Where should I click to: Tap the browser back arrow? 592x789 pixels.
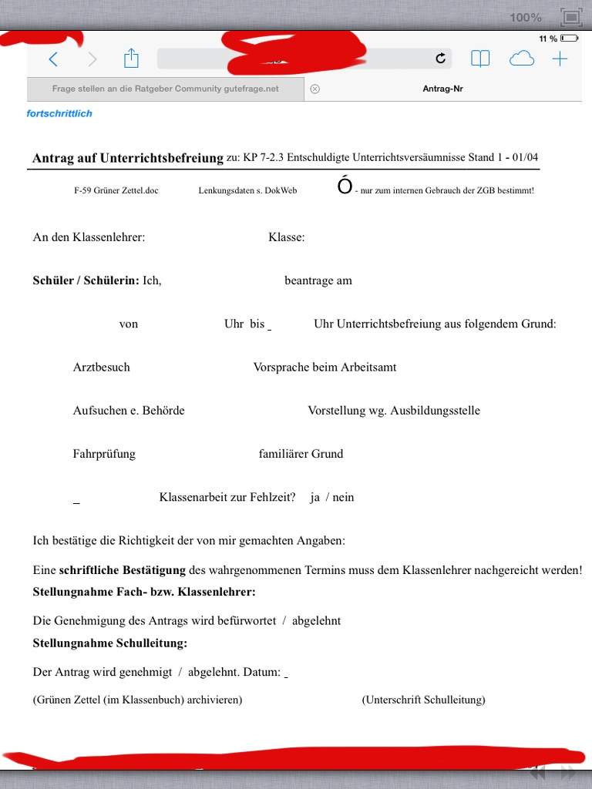point(53,59)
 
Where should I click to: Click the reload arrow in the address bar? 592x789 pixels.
point(441,59)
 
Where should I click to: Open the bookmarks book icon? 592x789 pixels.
point(480,59)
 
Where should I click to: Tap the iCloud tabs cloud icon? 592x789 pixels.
point(522,59)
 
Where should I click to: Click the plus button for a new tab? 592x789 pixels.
point(560,59)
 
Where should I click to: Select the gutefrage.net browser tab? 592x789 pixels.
point(165,89)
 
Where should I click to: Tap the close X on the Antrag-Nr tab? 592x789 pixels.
point(314,89)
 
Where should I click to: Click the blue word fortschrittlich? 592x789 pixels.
point(59,113)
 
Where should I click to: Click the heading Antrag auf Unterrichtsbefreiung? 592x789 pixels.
point(127,158)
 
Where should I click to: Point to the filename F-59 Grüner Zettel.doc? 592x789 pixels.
point(116,190)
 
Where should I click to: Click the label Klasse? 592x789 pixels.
point(286,237)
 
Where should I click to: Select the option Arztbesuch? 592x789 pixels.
point(101,367)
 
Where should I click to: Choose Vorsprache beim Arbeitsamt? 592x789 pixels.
point(325,367)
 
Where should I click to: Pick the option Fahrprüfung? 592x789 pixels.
point(104,453)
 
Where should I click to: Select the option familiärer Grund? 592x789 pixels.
point(301,453)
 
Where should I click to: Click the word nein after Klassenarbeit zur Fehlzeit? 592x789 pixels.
point(343,497)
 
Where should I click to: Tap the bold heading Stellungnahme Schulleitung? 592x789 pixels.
point(109,643)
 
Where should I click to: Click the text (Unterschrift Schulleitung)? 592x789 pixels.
point(423,700)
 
